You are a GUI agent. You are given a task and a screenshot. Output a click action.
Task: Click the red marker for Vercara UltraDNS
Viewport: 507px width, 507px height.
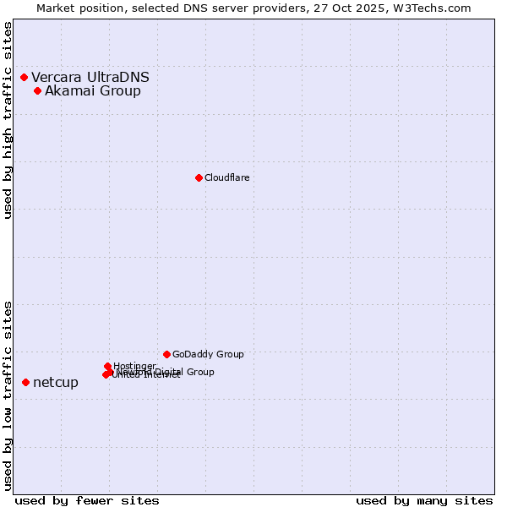click(24, 78)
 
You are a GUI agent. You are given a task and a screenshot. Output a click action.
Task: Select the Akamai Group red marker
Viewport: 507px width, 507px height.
click(37, 91)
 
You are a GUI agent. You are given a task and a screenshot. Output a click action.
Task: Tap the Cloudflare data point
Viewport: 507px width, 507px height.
click(199, 177)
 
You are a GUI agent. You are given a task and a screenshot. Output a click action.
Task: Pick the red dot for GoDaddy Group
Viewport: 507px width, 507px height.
click(166, 354)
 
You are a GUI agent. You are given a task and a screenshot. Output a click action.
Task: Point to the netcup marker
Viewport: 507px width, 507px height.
click(25, 383)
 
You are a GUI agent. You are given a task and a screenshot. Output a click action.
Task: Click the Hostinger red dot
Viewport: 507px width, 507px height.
click(107, 366)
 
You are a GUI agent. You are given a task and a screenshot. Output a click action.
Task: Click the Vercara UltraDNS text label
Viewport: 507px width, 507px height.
click(90, 78)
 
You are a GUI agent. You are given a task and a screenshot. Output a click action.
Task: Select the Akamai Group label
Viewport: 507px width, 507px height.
click(93, 91)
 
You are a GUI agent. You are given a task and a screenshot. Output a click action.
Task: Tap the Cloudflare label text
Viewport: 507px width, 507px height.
click(226, 177)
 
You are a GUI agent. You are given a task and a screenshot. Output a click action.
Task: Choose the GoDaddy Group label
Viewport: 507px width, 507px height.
click(208, 354)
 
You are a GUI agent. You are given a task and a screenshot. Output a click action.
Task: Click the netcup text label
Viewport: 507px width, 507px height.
click(56, 383)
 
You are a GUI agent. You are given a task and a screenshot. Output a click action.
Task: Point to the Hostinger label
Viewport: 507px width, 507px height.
click(134, 366)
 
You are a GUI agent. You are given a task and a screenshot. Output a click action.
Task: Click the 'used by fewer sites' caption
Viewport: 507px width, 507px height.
click(87, 500)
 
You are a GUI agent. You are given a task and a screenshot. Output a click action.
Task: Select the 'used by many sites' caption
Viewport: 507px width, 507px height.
click(424, 500)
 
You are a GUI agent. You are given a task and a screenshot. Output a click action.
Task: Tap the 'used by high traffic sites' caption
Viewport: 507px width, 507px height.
click(8, 120)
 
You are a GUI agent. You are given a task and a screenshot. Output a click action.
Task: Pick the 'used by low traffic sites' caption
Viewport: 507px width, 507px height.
click(8, 395)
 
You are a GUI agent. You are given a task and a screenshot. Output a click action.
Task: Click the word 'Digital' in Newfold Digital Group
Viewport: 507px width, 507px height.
click(172, 372)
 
